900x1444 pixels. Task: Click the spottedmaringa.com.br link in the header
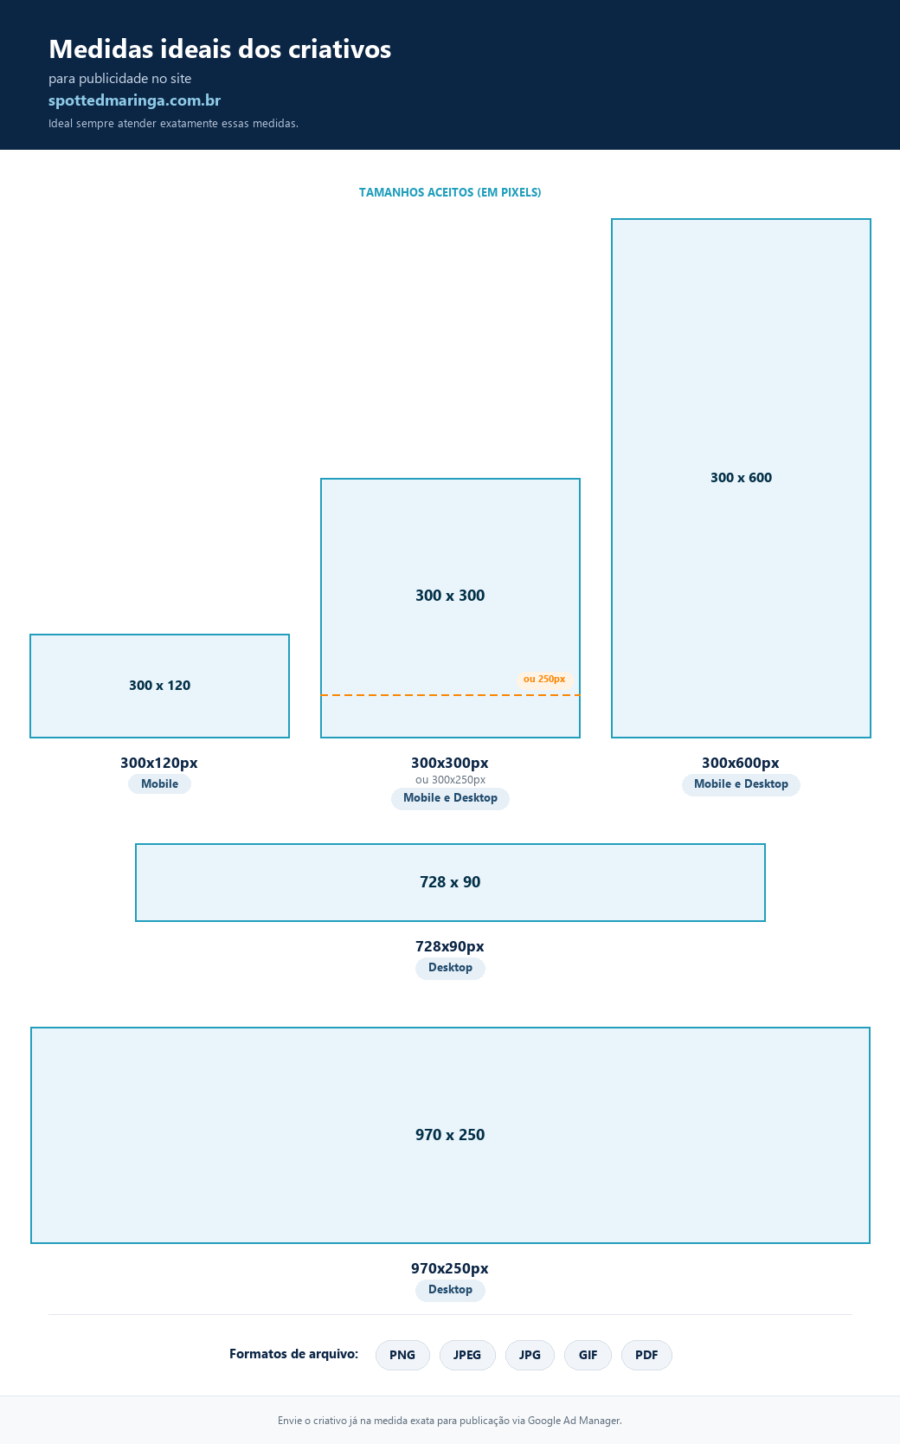(135, 100)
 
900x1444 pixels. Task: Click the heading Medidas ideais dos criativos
(220, 49)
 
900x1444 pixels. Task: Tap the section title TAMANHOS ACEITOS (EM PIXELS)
(450, 192)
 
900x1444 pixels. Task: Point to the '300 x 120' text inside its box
(160, 686)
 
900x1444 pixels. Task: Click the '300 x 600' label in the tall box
(741, 478)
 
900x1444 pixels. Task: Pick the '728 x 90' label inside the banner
(450, 882)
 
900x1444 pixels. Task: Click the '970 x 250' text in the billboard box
(450, 1135)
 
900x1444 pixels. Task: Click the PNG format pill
(402, 1354)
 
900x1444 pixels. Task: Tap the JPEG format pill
(467, 1354)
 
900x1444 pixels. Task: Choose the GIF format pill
(588, 1354)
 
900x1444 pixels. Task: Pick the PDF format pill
(646, 1354)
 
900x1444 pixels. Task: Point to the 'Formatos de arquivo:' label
(293, 1354)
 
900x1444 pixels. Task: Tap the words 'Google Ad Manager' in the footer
(574, 1420)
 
